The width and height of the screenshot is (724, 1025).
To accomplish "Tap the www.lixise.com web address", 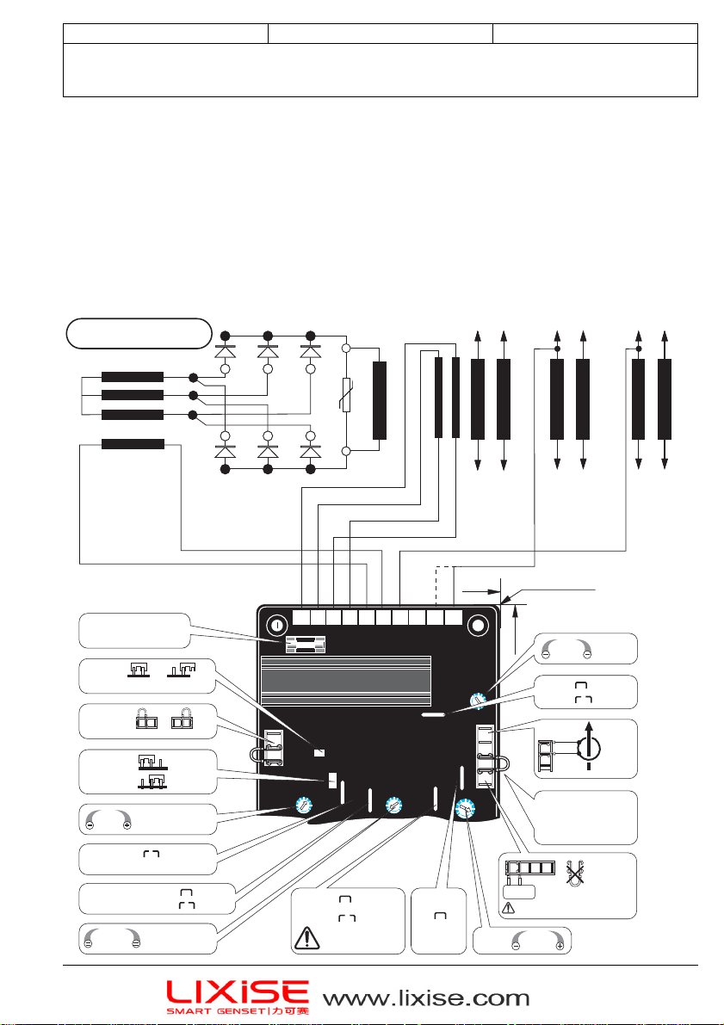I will click(x=426, y=998).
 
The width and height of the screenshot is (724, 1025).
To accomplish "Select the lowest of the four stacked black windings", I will click(x=133, y=444).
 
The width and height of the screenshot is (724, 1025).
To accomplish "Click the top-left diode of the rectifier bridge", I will click(x=225, y=351).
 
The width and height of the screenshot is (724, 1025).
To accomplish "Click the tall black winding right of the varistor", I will click(x=379, y=401).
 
